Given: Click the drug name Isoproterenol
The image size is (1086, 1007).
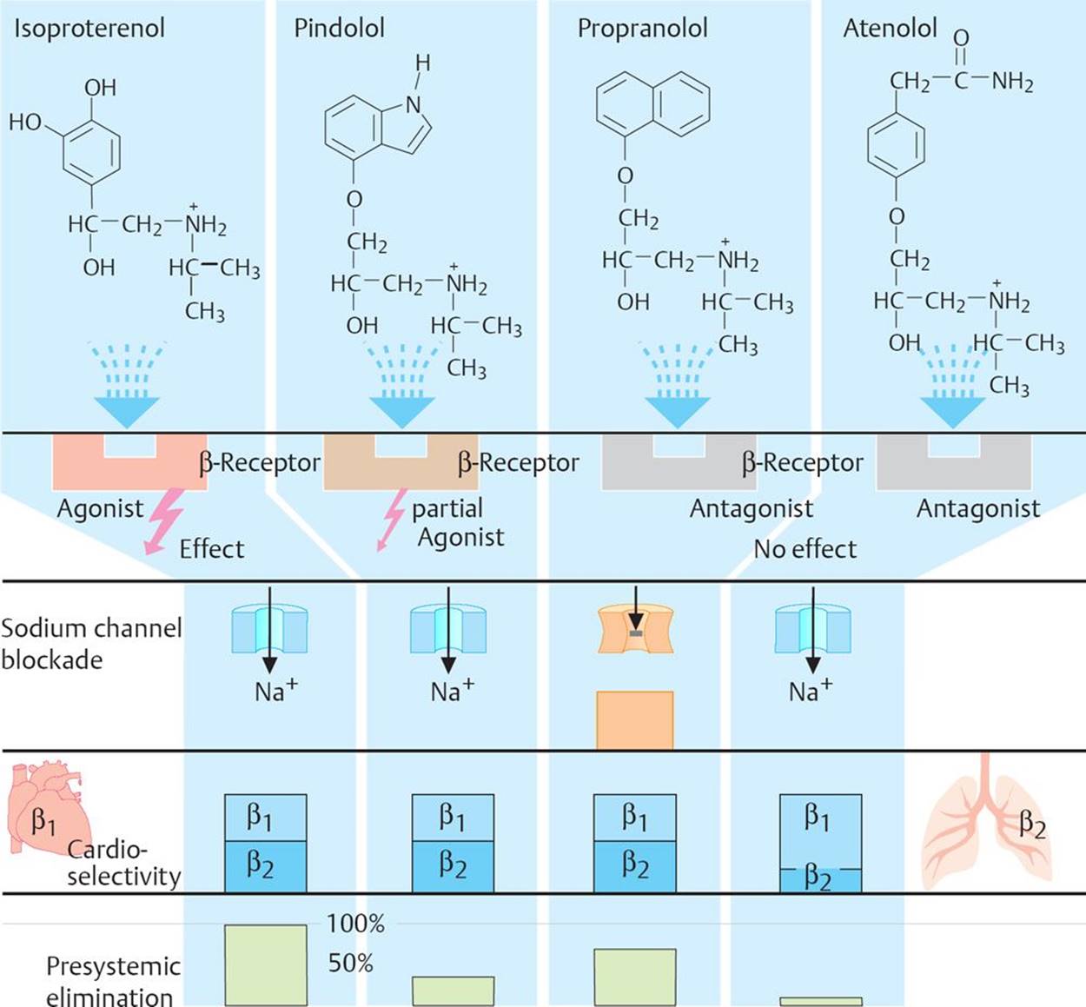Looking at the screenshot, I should coord(89,28).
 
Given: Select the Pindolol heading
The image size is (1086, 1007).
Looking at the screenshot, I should coord(339,28).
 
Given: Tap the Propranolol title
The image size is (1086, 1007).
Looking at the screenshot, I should coord(642,28).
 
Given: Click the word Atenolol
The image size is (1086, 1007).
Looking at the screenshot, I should coord(890,28).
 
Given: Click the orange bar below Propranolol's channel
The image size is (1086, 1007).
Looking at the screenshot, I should coord(634,719).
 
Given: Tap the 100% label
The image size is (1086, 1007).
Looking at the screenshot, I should coord(355,924).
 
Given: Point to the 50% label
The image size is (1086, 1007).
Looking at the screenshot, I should coord(351,963).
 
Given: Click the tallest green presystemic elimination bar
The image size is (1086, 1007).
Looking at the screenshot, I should coord(265,964).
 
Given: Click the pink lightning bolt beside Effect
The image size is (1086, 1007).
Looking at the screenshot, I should coord(163,521).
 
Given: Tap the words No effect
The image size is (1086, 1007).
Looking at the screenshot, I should coord(805,549).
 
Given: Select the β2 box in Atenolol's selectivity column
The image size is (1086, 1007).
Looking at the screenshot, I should coord(820,878).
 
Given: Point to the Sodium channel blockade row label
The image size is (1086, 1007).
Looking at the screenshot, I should coord(90,644).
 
